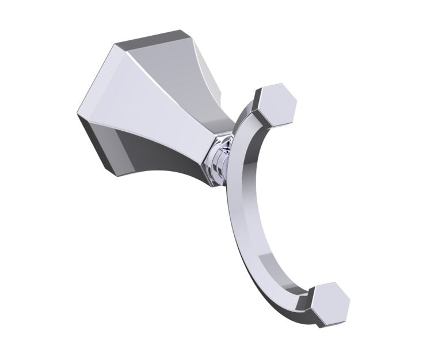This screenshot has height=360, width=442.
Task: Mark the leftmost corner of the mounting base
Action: coord(78,115)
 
